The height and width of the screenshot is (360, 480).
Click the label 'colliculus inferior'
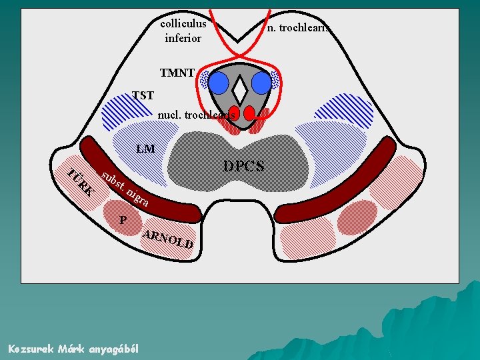pyautogui.click(x=183, y=31)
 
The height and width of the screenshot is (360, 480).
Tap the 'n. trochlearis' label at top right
pyautogui.click(x=298, y=28)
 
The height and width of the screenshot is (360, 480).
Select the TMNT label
pyautogui.click(x=177, y=72)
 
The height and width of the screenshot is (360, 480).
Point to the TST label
pyautogui.click(x=143, y=95)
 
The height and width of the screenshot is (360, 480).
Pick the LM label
pyautogui.click(x=145, y=149)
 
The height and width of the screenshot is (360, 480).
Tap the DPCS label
pyautogui.click(x=244, y=165)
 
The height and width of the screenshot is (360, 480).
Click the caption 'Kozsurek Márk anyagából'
pyautogui.click(x=73, y=349)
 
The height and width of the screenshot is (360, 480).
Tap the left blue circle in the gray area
pyautogui.click(x=220, y=82)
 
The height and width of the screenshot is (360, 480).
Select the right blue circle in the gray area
pyautogui.click(x=261, y=82)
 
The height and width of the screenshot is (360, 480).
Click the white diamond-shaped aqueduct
pyautogui.click(x=241, y=85)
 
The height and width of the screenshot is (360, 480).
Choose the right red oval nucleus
pyautogui.click(x=250, y=113)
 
